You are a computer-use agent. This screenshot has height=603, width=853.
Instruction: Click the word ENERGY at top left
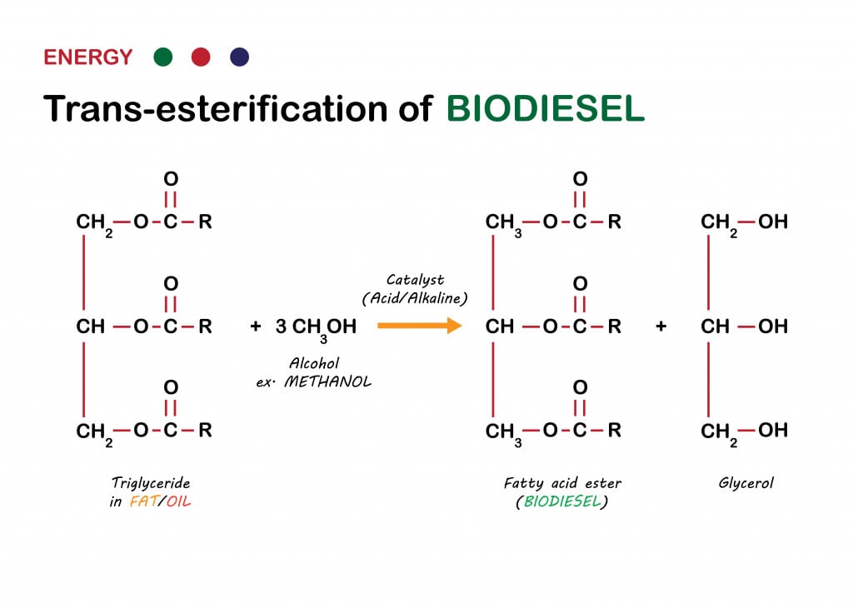(87, 57)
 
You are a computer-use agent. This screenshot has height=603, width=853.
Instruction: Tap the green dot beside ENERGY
(163, 57)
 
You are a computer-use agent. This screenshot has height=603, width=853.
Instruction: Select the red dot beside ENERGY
(201, 57)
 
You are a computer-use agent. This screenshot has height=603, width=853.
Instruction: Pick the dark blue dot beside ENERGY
(239, 57)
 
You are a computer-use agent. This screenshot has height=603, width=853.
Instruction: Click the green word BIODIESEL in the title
(546, 108)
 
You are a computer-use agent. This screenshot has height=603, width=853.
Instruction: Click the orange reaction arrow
(419, 325)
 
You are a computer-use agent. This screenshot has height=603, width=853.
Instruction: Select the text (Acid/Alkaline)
(415, 298)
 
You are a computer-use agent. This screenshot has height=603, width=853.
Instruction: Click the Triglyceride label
(151, 483)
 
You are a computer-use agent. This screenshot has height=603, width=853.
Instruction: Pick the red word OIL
(178, 502)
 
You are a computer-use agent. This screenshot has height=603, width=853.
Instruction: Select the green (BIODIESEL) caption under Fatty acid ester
(561, 502)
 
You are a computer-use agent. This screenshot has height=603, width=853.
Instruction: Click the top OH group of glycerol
(773, 222)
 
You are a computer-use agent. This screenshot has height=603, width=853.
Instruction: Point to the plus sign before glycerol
(661, 326)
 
